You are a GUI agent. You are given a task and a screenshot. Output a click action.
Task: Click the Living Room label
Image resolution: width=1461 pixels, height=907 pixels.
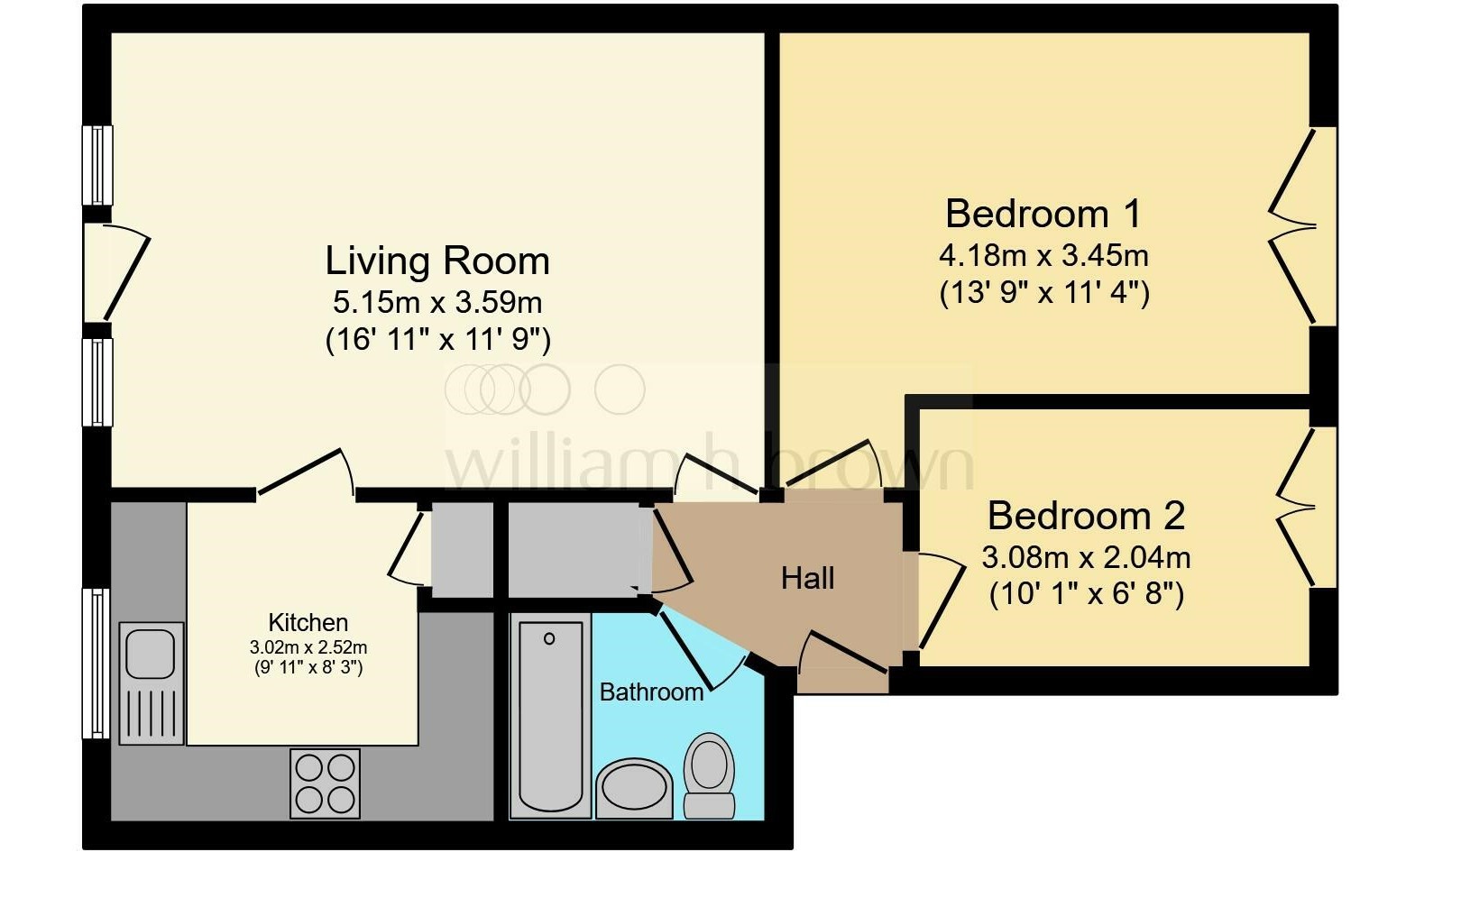[x=437, y=261]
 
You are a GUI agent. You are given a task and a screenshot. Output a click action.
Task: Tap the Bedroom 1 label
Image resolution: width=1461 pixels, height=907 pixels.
[x=1043, y=214]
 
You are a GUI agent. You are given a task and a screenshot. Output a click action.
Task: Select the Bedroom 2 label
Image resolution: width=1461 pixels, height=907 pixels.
[x=1086, y=516]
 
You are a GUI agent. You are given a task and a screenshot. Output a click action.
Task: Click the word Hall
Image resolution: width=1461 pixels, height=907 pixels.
[x=807, y=578]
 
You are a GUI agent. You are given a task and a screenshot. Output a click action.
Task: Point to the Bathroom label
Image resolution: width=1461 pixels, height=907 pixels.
[x=651, y=692]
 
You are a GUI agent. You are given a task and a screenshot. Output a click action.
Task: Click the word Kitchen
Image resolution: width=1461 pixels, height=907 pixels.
[x=308, y=623]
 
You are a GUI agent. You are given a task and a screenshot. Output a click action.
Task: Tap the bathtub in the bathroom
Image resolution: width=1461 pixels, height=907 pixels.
[x=550, y=715]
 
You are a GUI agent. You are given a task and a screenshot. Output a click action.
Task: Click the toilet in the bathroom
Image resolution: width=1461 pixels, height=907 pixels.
[x=709, y=775]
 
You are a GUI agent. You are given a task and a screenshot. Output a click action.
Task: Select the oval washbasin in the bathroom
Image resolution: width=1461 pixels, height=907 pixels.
[x=635, y=788]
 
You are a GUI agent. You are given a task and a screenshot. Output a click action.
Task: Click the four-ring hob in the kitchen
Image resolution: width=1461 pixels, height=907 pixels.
[x=325, y=783]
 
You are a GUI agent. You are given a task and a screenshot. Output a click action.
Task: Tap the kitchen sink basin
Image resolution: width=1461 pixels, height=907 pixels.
[x=150, y=654]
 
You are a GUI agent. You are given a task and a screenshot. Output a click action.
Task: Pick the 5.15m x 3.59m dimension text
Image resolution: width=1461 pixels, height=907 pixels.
[x=437, y=302]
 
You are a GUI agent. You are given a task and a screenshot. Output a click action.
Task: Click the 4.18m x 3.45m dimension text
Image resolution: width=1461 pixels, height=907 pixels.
[x=1043, y=255]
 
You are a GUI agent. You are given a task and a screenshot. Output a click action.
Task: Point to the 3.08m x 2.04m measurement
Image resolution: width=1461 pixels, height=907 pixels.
[x=1086, y=557]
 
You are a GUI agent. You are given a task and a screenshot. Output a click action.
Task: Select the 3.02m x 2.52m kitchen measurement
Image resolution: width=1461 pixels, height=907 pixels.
[x=308, y=647]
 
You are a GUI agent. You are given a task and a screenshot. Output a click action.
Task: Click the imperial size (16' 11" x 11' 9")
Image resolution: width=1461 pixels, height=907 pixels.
[x=437, y=340]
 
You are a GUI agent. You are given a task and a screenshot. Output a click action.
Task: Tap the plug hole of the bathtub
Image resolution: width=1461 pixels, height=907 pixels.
[x=549, y=638]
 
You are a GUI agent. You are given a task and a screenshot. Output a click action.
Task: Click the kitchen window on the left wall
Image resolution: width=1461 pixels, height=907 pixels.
[x=96, y=664]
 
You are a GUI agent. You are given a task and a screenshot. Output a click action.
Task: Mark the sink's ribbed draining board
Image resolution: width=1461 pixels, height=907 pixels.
[x=151, y=713]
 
